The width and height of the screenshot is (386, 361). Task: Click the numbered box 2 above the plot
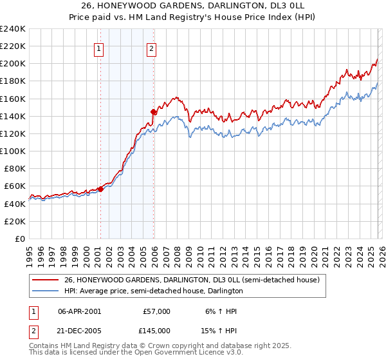151,48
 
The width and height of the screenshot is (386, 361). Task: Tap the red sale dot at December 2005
154,112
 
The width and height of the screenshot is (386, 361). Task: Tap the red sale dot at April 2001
100,189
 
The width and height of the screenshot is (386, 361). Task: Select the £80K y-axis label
15,168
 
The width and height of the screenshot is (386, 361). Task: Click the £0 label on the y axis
21,239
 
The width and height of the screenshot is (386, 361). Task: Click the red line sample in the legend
46,280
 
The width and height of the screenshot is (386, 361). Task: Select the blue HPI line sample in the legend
46,291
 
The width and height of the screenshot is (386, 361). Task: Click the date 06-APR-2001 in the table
79,311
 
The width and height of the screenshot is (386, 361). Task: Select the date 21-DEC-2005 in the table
79,329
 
